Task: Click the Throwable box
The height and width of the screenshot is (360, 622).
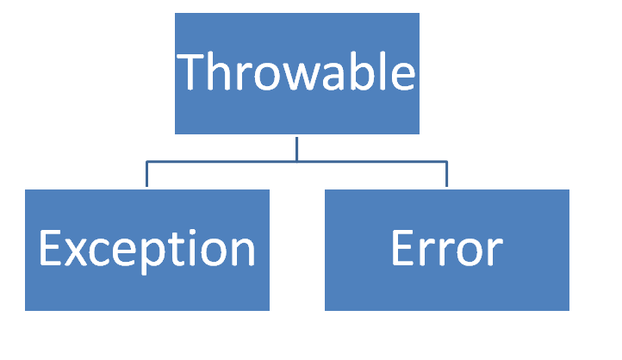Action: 297,73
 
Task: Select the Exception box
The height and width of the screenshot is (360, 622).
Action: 147,250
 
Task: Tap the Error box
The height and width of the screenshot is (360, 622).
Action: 447,250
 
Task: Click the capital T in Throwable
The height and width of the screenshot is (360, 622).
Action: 190,71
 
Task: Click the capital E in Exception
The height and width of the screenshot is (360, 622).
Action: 50,247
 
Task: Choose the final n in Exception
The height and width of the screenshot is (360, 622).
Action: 243,251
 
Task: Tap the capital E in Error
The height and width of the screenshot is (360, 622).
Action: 402,248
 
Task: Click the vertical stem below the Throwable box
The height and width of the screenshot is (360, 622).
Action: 296,149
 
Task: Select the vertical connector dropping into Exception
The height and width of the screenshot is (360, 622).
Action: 146,174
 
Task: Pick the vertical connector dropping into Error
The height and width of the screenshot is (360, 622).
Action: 446,174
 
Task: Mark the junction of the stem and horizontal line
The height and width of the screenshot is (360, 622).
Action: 296,161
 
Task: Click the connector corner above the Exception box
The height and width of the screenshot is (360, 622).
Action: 146,161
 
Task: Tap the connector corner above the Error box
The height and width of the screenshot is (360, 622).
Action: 446,161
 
